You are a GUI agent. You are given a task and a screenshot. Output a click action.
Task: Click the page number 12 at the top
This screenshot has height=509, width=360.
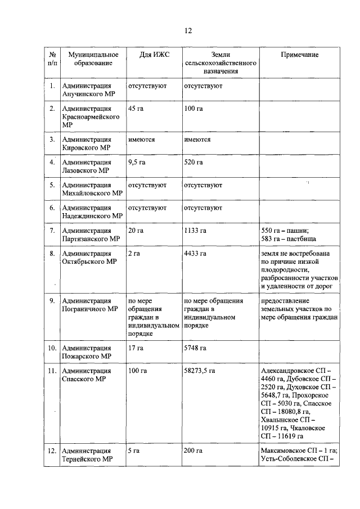click(x=188, y=31)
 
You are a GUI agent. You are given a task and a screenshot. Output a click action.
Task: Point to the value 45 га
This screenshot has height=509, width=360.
click(x=136, y=108)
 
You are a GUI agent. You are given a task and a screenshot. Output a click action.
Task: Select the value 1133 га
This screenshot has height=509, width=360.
click(x=195, y=231)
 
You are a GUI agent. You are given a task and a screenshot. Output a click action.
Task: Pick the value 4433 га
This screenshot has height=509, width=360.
click(x=195, y=254)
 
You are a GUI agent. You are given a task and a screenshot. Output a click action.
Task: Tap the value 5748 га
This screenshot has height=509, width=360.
click(x=195, y=348)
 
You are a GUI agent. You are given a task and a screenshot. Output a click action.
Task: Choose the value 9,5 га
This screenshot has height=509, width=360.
click(x=137, y=163)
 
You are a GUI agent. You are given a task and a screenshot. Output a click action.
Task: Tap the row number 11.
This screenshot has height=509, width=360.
click(x=51, y=371)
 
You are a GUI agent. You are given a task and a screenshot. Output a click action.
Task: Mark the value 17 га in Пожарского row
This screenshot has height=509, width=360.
click(x=136, y=348)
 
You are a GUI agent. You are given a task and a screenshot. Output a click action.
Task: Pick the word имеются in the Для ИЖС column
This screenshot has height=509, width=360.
click(x=141, y=139)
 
